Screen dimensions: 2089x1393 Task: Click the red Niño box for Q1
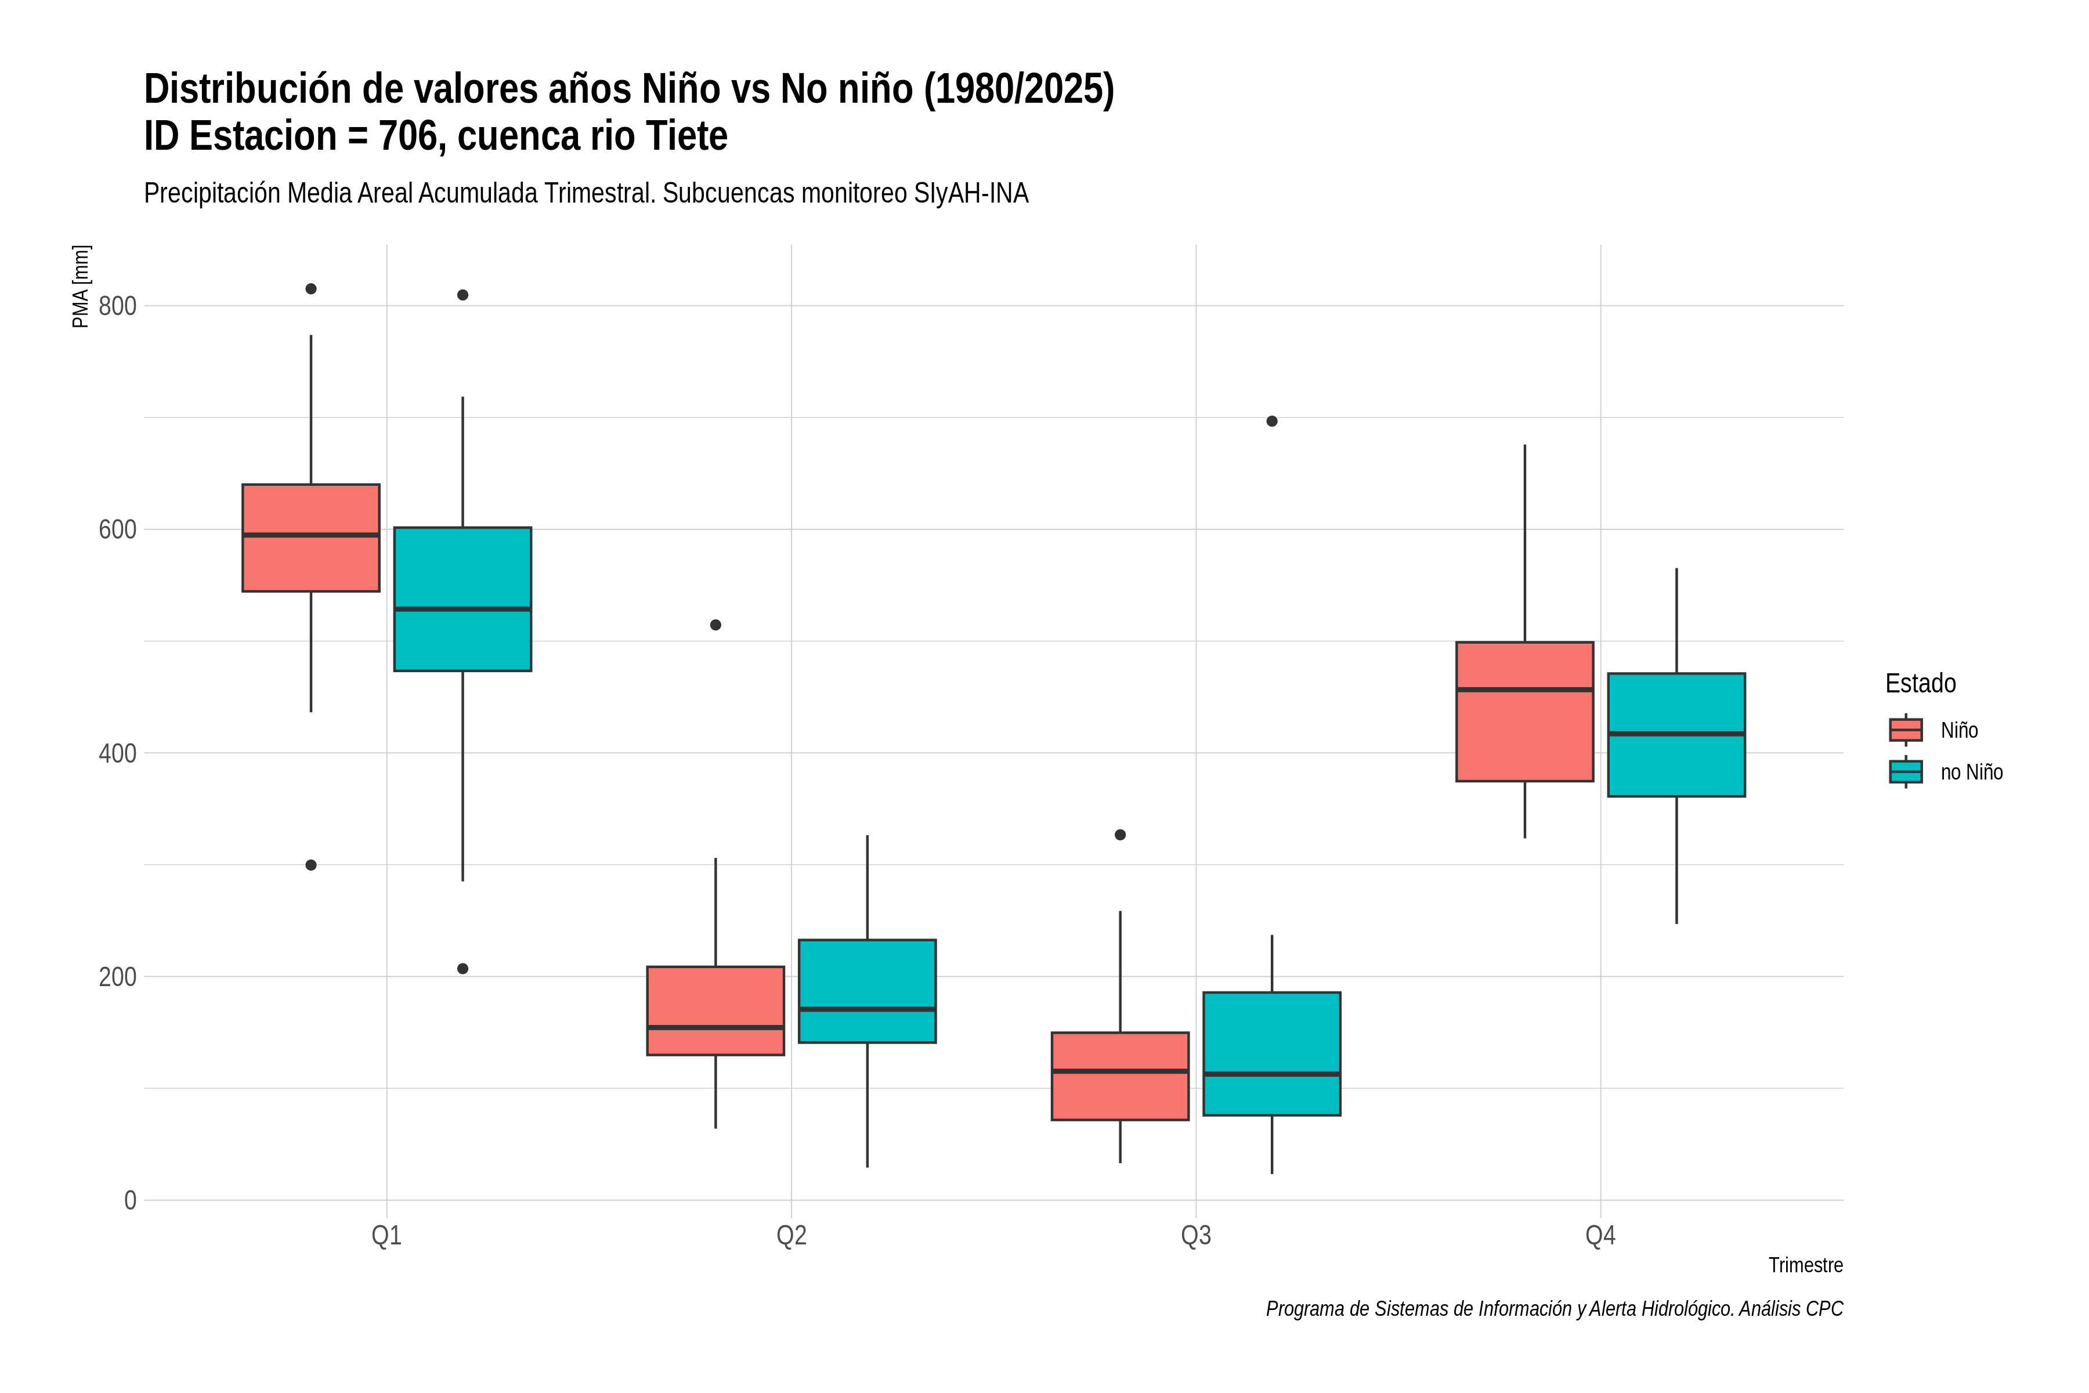(x=311, y=537)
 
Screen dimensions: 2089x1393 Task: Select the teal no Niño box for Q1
(x=462, y=599)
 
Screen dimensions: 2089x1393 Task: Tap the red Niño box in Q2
(x=716, y=1011)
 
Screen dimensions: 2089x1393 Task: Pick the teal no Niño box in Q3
(x=1272, y=1053)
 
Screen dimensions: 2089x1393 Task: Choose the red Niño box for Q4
(x=1525, y=712)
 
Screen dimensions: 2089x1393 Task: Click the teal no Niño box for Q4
(x=1677, y=735)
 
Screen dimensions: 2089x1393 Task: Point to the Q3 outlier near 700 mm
(x=1272, y=421)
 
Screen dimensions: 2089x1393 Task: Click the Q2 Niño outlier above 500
(x=716, y=626)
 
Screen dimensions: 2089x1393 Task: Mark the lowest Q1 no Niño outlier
(x=462, y=968)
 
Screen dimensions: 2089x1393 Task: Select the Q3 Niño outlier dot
(x=1120, y=835)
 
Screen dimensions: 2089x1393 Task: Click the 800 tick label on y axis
(x=117, y=306)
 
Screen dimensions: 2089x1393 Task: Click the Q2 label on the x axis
(x=791, y=1236)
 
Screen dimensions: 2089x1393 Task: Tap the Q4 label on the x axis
(x=1600, y=1236)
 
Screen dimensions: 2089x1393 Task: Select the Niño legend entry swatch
(x=1906, y=730)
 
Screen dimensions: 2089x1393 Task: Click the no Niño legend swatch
(x=1906, y=772)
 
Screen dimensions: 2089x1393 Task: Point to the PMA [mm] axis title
(x=81, y=287)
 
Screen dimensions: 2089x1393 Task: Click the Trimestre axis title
(x=1806, y=1265)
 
